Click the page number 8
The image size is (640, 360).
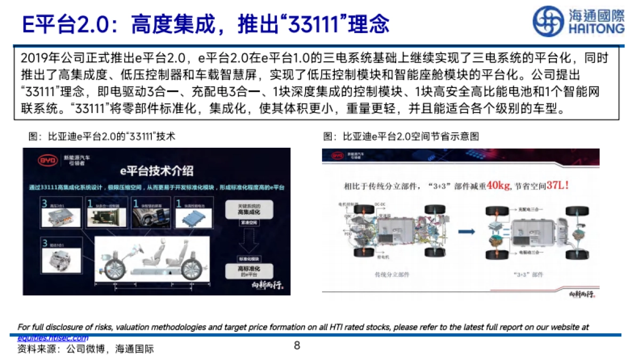click(297, 346)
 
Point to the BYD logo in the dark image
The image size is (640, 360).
click(47, 159)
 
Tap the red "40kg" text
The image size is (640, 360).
click(498, 186)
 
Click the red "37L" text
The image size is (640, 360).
click(559, 186)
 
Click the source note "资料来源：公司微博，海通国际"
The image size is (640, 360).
click(85, 350)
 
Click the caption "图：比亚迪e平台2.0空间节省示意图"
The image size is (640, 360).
click(401, 137)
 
